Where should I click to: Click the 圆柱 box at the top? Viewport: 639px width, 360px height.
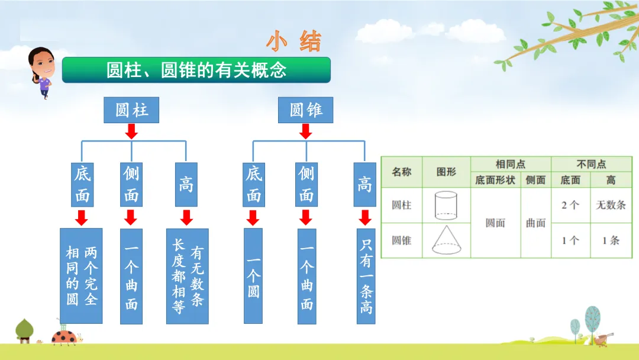point(131,110)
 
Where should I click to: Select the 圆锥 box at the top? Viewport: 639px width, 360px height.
point(305,110)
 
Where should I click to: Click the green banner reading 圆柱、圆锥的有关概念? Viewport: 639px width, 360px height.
point(196,70)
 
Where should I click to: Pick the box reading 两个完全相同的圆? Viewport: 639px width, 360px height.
point(81,275)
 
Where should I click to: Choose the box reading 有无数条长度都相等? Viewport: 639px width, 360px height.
point(187,275)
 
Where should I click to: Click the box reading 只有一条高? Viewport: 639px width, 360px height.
point(366,275)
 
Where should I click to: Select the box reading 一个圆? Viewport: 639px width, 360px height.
point(253,275)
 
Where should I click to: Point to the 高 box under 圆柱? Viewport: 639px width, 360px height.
point(186,184)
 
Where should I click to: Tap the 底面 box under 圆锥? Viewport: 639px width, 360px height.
point(253,184)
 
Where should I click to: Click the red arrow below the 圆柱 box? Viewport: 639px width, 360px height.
point(131,131)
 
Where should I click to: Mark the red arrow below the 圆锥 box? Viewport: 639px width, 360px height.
point(305,131)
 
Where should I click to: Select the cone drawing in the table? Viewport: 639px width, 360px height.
point(446,240)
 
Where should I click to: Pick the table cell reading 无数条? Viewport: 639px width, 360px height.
point(611,205)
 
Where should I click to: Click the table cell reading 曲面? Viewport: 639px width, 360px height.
point(535,223)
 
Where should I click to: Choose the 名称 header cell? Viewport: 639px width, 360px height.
point(402,172)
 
